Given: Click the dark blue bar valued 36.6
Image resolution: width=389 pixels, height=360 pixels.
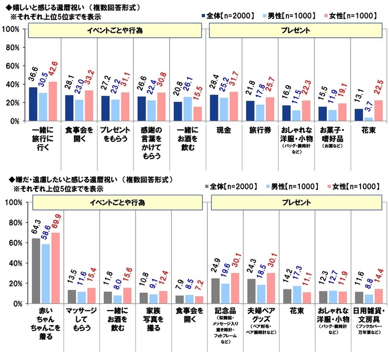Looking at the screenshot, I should pyautogui.click(x=33, y=104).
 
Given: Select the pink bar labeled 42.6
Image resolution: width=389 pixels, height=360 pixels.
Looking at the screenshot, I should pyautogui.click(x=53, y=101).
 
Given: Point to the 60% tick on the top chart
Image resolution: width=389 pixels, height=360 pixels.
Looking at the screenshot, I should pyautogui.click(x=12, y=66).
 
